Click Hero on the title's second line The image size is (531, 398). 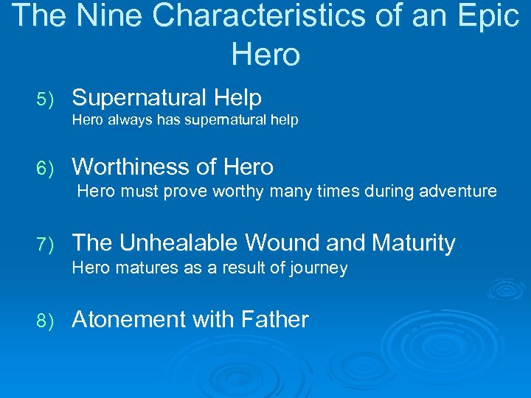[x=265, y=54]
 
